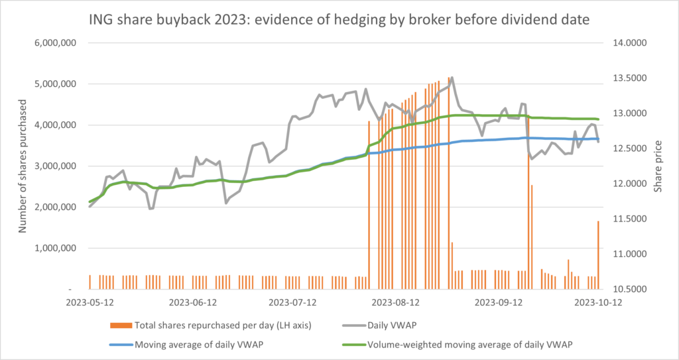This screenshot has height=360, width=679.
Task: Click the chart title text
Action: [339, 19]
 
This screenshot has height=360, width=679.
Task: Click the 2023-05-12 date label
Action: [90, 303]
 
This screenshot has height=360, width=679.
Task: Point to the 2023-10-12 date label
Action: [599, 303]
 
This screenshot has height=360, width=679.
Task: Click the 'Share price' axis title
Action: [658, 166]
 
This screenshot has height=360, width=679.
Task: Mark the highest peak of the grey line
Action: [452, 77]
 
